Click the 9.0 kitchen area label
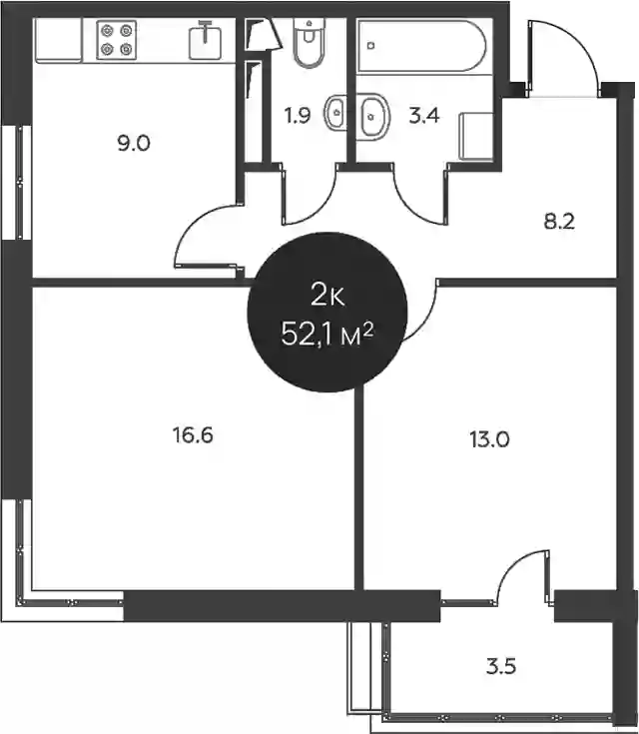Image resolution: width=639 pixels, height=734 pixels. (134, 143)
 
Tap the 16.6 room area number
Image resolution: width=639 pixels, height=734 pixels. (193, 435)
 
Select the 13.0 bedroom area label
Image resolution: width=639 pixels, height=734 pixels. (489, 440)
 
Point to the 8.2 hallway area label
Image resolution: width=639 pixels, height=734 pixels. (559, 221)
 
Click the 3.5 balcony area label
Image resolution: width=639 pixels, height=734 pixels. (501, 666)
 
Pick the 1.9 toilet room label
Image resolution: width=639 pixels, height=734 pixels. (298, 115)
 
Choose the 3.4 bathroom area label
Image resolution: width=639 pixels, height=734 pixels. (424, 115)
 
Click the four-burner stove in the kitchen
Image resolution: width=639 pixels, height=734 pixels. (117, 40)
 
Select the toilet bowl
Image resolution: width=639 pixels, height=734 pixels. (309, 43)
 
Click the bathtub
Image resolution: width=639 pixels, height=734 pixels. (421, 45)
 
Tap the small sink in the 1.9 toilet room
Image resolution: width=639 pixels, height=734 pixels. (335, 112)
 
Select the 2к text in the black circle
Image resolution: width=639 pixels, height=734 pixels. (327, 296)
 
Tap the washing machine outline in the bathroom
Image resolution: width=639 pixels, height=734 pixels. (476, 136)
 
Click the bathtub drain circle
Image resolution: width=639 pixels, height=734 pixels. (371, 45)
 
